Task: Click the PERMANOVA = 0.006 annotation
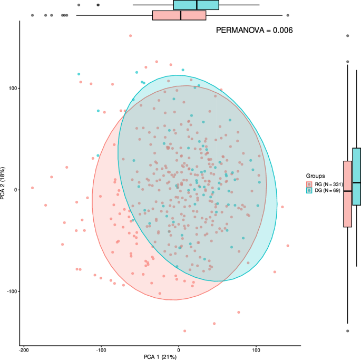click(255, 31)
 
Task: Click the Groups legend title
click(315, 176)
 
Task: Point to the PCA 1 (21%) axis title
click(160, 357)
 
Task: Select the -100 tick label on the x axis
click(101, 349)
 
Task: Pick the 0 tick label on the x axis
click(179, 349)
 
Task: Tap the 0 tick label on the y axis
click(16, 190)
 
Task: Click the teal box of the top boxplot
click(196, 5)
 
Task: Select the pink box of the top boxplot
click(179, 15)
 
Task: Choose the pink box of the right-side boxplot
click(347, 193)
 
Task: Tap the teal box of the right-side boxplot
click(356, 177)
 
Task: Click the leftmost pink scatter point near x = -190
click(32, 188)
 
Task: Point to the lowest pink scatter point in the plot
click(184, 331)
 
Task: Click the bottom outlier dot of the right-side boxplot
click(347, 331)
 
